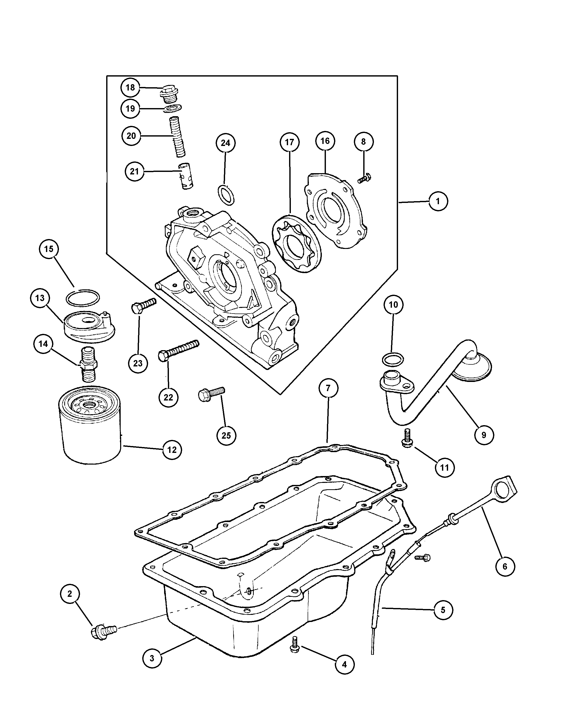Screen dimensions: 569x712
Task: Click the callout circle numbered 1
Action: [x=438, y=201]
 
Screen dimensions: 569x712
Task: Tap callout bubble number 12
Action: [x=172, y=450]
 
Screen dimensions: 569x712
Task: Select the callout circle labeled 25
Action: [x=226, y=435]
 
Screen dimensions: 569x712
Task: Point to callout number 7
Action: [x=328, y=388]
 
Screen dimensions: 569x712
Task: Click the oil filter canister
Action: [x=90, y=426]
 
